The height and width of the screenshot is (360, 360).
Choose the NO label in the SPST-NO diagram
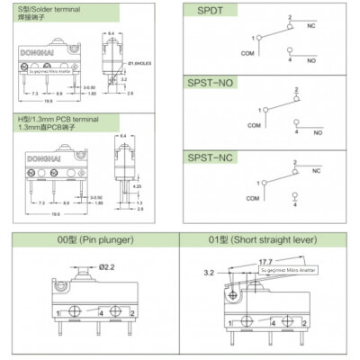click(x=318, y=132)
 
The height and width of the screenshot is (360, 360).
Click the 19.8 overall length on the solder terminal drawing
click(x=49, y=101)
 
